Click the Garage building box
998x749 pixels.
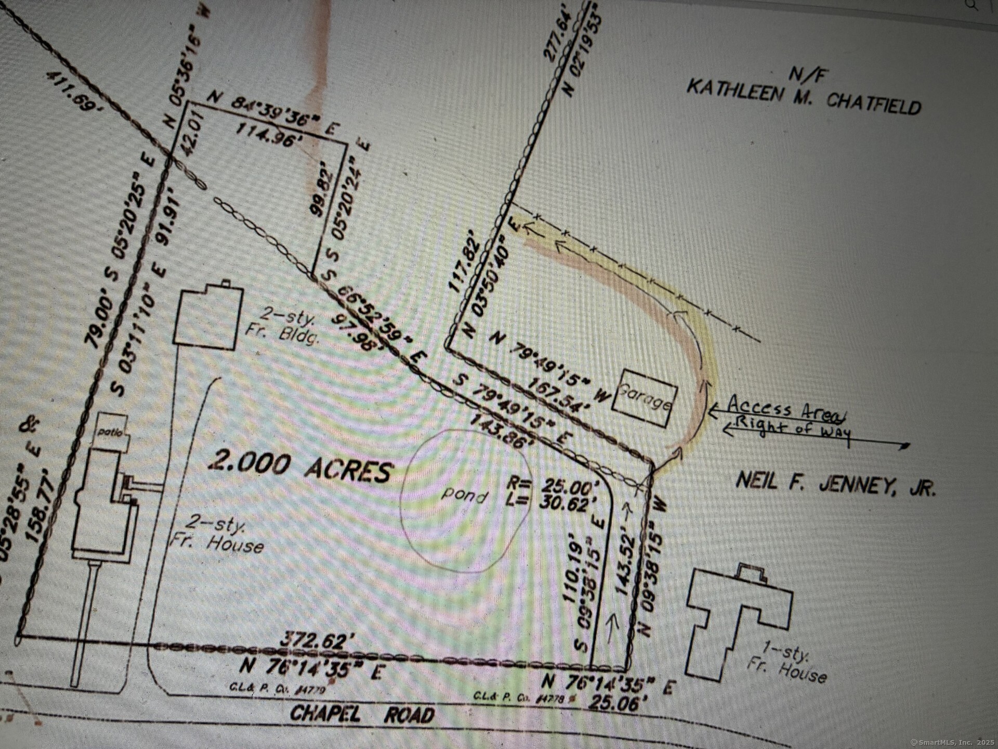click(x=645, y=398)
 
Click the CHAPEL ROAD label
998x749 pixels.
click(x=362, y=714)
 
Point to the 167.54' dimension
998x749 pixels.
click(x=559, y=395)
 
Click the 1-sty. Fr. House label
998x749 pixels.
click(x=785, y=663)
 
